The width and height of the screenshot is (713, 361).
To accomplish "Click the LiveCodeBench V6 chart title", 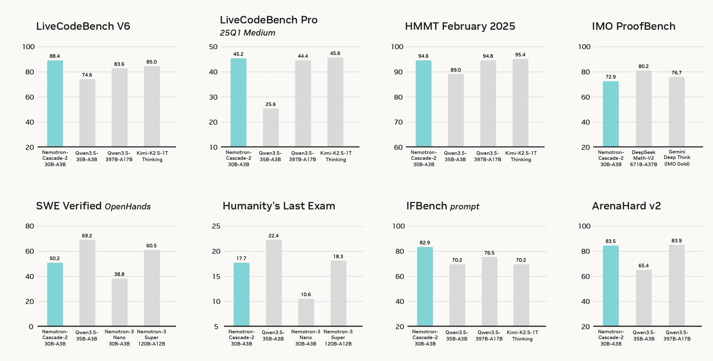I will [x=83, y=26].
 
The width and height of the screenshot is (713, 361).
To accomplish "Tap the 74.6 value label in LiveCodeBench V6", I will [x=87, y=75].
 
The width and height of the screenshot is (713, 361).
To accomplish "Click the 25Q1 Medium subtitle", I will [x=247, y=33].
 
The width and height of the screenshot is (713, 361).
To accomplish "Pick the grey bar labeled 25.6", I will [x=271, y=127].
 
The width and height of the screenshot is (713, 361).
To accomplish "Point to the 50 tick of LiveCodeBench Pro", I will [x=213, y=47].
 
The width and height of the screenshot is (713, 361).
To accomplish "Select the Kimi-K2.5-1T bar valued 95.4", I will [x=520, y=103].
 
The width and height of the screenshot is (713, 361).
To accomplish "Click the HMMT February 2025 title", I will [x=460, y=26].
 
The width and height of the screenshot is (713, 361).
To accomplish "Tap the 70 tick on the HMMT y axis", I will [x=398, y=122].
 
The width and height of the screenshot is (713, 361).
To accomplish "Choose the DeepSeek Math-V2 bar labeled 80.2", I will [x=643, y=108].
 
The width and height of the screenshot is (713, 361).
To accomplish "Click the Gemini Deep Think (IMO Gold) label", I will [x=677, y=158].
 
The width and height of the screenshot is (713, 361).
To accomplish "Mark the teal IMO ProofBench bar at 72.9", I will [x=610, y=114].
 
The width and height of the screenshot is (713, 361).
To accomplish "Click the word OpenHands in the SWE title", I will [x=128, y=207].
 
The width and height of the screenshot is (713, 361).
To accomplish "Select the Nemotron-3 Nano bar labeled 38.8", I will [x=119, y=302].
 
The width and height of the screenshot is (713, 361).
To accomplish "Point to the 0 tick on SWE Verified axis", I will [x=31, y=327].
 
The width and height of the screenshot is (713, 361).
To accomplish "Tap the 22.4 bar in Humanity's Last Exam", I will [x=274, y=283].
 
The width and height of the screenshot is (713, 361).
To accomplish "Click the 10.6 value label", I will [x=306, y=294].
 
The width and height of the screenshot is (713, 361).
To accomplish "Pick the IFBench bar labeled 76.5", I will [x=489, y=291].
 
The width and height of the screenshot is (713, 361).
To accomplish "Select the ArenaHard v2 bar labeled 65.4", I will [x=643, y=298].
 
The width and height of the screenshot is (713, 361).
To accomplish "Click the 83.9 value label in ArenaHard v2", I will [x=676, y=241].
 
